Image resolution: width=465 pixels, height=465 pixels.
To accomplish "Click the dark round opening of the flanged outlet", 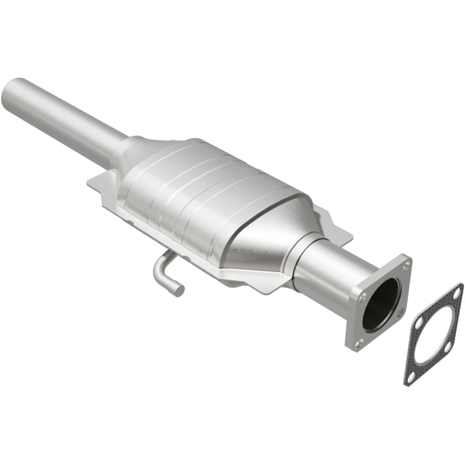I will point(380,305).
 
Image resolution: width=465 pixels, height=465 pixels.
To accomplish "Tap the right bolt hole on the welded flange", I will point(401,313).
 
